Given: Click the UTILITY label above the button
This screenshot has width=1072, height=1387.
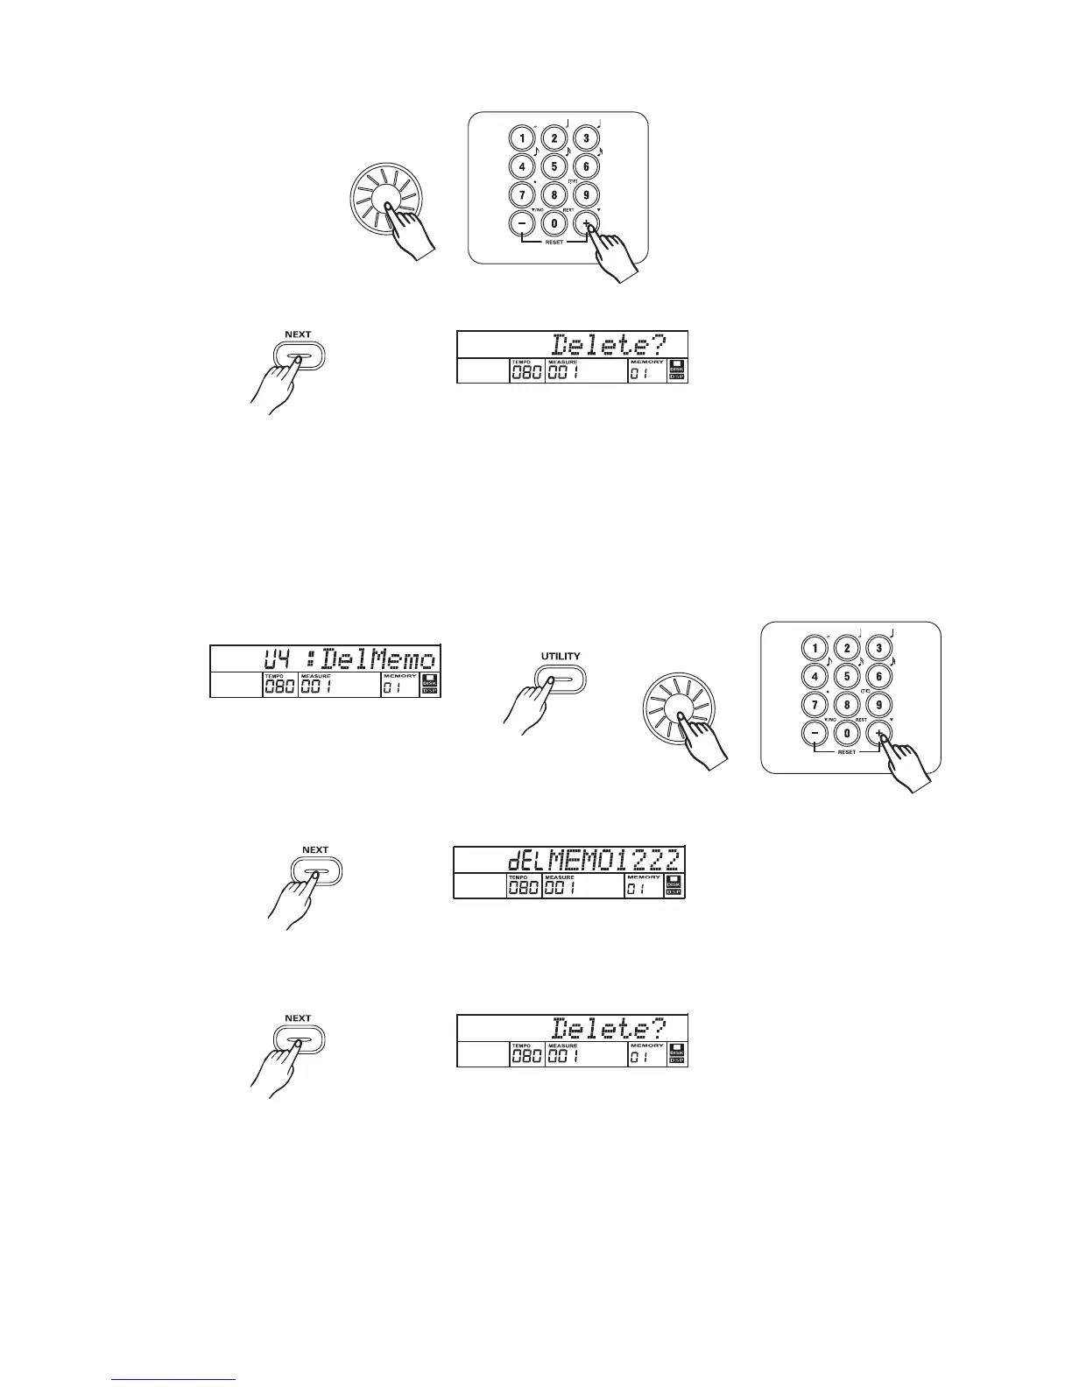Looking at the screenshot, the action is [560, 656].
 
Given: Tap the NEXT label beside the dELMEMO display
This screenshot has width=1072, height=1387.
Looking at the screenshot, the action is [314, 849].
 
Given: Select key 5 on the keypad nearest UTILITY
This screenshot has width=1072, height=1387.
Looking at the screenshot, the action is [846, 677].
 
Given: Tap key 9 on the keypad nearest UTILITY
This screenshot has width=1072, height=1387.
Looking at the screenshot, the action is [878, 704].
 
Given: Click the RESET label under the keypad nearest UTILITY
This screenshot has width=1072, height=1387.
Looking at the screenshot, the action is [847, 752].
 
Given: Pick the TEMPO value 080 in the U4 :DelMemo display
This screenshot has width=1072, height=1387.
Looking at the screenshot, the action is [279, 687].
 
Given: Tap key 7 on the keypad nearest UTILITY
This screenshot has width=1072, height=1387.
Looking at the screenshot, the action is [815, 704].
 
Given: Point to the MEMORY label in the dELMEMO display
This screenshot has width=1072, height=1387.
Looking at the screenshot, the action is [643, 877].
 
